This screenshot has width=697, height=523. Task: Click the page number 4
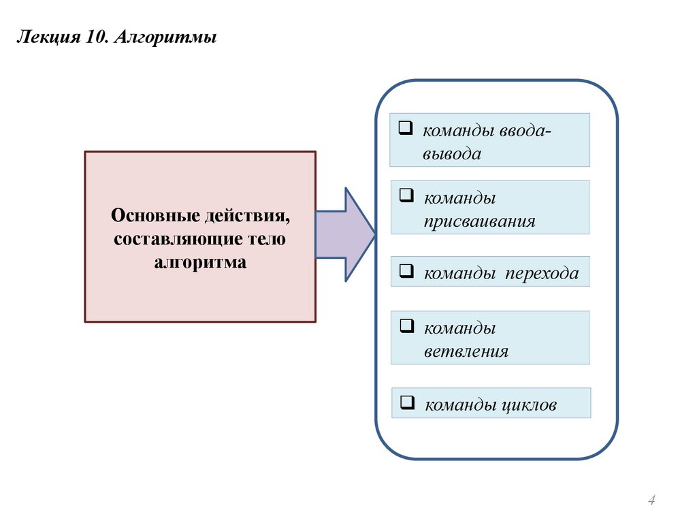(651, 501)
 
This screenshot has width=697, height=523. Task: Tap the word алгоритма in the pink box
(199, 261)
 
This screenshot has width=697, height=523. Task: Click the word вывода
(451, 154)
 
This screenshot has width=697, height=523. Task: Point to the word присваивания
(479, 221)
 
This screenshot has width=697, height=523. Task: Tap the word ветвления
(466, 351)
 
